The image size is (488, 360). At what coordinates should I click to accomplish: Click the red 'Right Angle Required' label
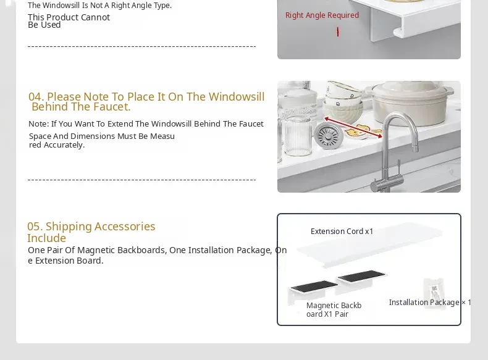[322, 15]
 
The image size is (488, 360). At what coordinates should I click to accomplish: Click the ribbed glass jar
[298, 136]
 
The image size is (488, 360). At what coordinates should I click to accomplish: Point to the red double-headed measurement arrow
[353, 127]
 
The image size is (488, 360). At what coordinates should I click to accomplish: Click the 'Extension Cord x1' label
[342, 232]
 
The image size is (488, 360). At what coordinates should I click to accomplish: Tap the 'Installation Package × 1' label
[430, 303]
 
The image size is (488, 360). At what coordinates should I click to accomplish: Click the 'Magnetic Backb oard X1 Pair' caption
[334, 309]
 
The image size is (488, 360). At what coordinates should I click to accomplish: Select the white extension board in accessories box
[369, 245]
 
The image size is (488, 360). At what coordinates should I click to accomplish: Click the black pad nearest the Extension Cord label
[362, 276]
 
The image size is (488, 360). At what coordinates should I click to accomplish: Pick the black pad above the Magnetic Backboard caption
[314, 287]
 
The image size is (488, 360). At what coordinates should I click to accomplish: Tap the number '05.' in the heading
[35, 227]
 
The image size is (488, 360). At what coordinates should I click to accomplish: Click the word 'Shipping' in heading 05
[69, 227]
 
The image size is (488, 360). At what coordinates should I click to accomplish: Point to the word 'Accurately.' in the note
[64, 145]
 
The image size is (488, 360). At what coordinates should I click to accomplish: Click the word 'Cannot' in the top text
[95, 17]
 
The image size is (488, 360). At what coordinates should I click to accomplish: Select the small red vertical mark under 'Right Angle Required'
[338, 31]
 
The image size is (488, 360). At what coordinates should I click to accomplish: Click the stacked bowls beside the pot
[343, 99]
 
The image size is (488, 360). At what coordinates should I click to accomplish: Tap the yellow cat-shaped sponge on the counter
[363, 130]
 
